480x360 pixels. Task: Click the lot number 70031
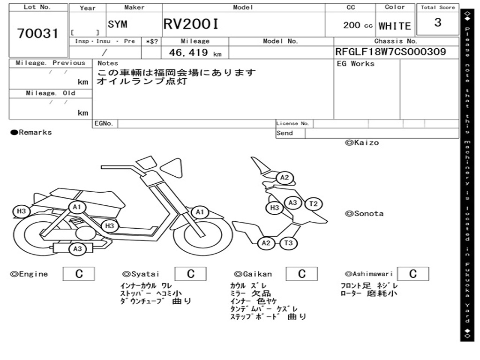(38, 34)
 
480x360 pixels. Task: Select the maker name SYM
(117, 24)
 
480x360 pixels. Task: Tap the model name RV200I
(191, 24)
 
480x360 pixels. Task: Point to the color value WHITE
(395, 26)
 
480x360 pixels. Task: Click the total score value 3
(438, 22)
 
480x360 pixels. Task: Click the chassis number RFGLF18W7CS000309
(390, 52)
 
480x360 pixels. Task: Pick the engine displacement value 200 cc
(358, 25)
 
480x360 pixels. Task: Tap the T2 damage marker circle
(314, 204)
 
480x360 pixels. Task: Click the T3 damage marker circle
(288, 243)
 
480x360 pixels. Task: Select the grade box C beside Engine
(79, 274)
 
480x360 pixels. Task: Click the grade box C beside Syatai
(190, 274)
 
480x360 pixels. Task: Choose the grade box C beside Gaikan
(301, 274)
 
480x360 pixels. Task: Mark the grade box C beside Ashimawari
(412, 274)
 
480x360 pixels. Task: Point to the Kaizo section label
(362, 142)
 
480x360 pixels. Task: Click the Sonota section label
(364, 214)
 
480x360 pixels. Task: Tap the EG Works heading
(356, 64)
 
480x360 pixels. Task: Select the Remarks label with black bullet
(31, 133)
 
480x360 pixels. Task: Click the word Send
(285, 133)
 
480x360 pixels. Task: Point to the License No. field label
(292, 124)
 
